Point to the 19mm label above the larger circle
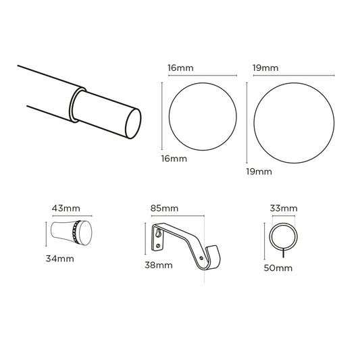(266, 68)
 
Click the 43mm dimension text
(65, 209)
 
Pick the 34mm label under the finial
(60, 259)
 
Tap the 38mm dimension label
(159, 265)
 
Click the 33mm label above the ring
(284, 208)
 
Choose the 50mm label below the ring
(279, 268)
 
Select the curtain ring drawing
(284, 237)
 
